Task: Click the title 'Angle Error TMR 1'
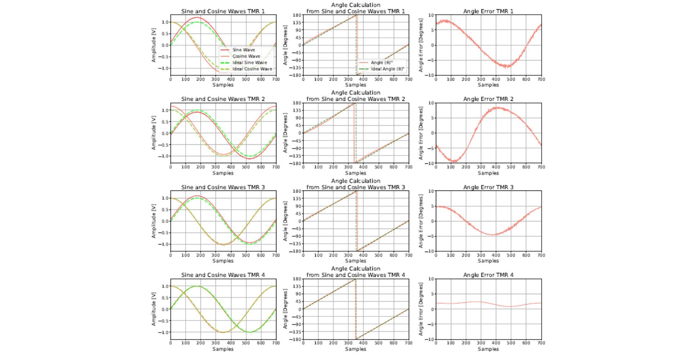tap(488, 11)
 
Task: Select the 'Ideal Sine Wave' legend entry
tap(249, 63)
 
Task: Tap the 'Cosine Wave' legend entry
tap(246, 56)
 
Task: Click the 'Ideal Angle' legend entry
tap(387, 69)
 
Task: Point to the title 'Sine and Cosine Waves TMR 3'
tap(223, 187)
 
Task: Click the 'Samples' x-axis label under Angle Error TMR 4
tap(488, 349)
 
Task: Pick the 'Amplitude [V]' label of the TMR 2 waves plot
tap(154, 133)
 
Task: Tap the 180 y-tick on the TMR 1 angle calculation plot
tap(297, 15)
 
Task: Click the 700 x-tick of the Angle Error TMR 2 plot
tap(541, 167)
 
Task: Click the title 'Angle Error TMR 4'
tap(488, 275)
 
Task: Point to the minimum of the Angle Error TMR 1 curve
tap(507, 67)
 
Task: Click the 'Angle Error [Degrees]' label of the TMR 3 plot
tap(421, 221)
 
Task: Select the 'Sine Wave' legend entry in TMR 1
tap(243, 50)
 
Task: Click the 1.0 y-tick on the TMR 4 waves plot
tap(165, 286)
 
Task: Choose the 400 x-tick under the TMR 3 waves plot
tap(231, 255)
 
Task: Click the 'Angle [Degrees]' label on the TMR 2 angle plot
tap(285, 133)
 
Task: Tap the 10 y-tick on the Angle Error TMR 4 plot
tap(431, 279)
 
